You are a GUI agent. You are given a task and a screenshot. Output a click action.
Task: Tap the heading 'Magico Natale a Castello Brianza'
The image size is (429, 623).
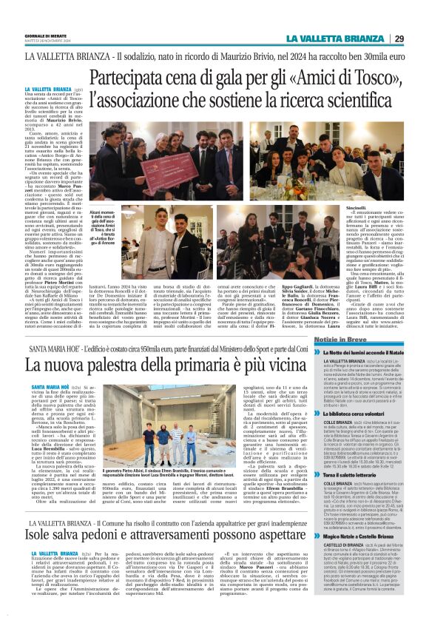point(363,536)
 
